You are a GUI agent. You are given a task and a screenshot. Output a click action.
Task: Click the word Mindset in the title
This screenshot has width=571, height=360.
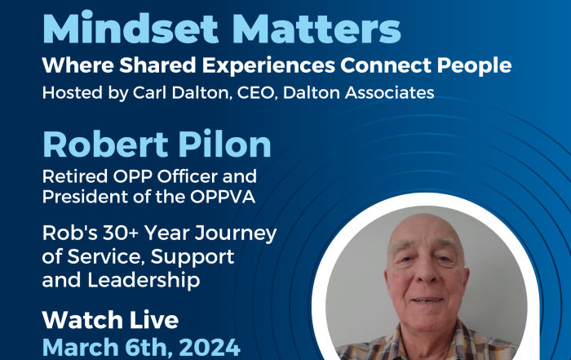pos(131,28)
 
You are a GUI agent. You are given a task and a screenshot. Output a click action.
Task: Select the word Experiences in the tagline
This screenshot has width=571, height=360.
pos(268,65)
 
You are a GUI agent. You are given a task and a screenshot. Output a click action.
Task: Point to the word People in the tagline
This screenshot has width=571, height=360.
pos(474,65)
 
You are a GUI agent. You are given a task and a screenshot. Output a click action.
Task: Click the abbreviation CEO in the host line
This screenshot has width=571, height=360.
pos(255,93)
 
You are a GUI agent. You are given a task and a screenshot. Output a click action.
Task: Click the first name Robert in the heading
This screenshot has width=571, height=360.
pos(105,144)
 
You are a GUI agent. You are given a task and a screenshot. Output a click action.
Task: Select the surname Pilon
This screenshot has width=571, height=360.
pos(224,144)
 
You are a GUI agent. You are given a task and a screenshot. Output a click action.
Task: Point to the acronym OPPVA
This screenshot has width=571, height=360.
pos(223,197)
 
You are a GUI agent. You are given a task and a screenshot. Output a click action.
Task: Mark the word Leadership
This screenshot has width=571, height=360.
pos(144,281)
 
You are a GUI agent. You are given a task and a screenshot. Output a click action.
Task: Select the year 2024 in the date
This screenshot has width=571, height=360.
pos(210,347)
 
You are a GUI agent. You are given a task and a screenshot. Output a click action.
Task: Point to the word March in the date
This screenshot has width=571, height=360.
pos(81,347)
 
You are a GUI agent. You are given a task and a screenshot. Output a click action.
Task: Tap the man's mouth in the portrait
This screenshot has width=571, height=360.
pos(427,300)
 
